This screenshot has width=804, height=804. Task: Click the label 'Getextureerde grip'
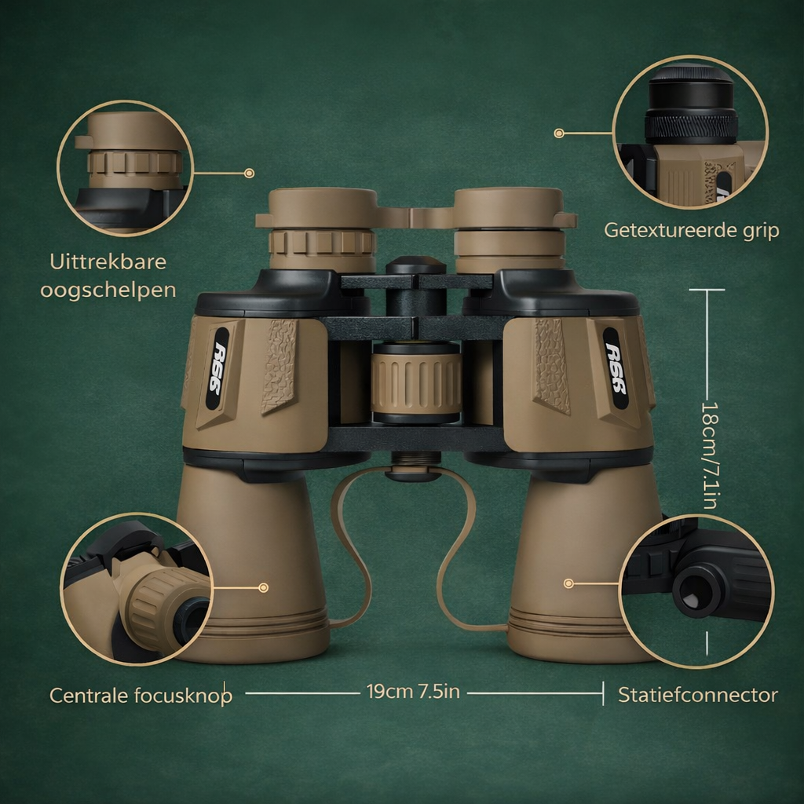coord(691,230)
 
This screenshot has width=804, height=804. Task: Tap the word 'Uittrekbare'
coord(108,261)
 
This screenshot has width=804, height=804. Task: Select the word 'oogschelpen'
coord(108,291)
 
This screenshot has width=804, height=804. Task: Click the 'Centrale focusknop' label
coord(141,696)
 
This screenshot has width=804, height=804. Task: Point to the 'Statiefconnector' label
coord(698,695)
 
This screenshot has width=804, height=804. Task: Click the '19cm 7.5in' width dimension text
coord(413,691)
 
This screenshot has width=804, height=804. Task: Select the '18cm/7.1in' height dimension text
coord(709,455)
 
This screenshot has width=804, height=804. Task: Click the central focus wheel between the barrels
coord(416,383)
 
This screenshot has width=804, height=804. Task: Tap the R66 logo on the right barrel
coord(616,368)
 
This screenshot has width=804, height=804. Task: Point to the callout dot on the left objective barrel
coord(264,587)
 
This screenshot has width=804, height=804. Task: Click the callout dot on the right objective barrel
coord(568,583)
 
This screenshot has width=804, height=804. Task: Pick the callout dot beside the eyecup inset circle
coord(249,174)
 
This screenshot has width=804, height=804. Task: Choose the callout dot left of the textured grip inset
coord(559,133)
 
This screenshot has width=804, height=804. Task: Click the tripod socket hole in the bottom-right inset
coord(696,589)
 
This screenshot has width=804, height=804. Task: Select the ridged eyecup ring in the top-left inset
coord(135,163)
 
